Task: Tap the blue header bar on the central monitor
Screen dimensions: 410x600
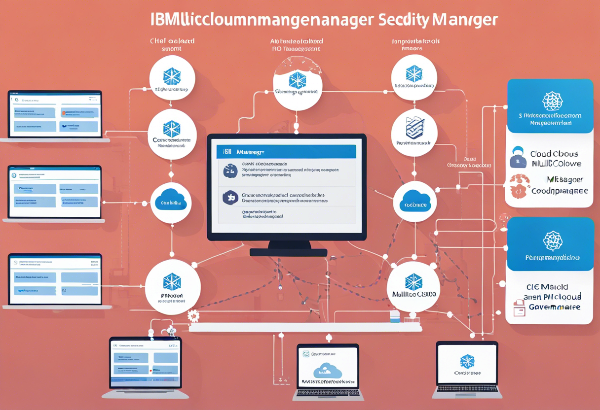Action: pyautogui.click(x=286, y=152)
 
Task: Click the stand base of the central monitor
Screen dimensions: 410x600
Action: pyautogui.click(x=288, y=252)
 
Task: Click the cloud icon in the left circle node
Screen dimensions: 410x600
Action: pyautogui.click(x=171, y=201)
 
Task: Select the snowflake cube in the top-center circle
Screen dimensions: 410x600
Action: pyautogui.click(x=298, y=80)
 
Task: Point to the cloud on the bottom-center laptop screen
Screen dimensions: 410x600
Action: pyautogui.click(x=328, y=370)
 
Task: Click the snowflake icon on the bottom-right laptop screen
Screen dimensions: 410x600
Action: pyautogui.click(x=466, y=361)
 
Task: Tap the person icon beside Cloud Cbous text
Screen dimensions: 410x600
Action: pyautogui.click(x=517, y=157)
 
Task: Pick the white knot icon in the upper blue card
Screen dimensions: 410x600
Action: pyautogui.click(x=552, y=101)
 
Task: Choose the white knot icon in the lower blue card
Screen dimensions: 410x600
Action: pyautogui.click(x=552, y=240)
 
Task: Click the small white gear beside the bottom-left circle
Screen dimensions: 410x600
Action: pyautogui.click(x=193, y=315)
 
